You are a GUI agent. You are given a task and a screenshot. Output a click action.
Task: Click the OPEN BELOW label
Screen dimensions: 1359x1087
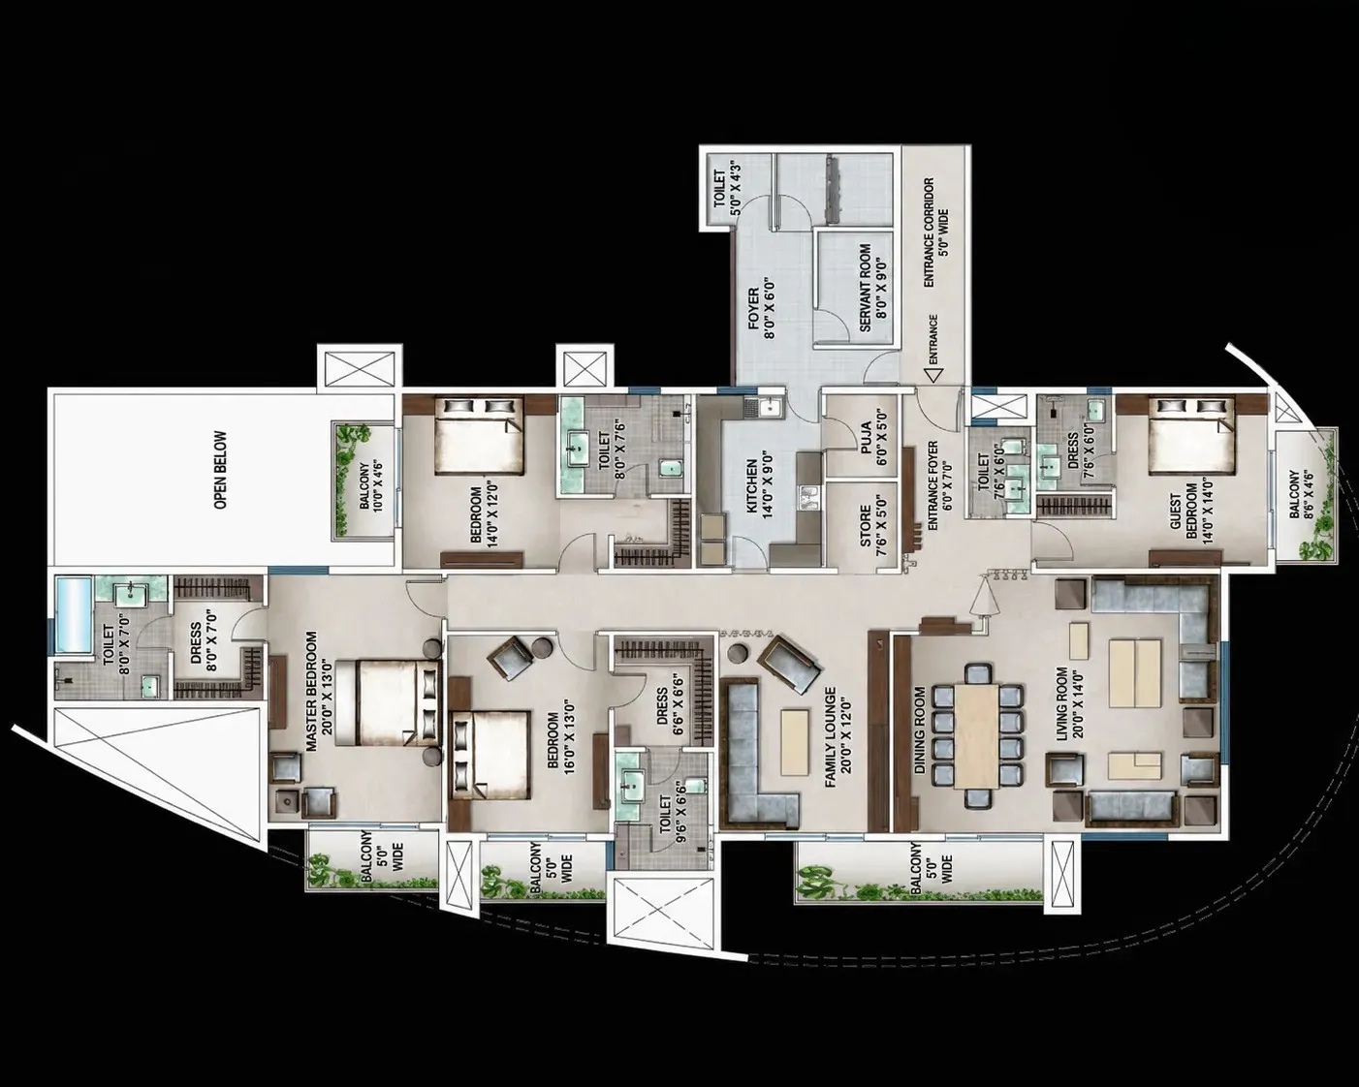pos(220,470)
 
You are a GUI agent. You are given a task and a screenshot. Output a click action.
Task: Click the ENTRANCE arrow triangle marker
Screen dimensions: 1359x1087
pos(932,374)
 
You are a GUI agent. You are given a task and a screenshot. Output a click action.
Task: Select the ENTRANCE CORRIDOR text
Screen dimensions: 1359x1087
pos(929,233)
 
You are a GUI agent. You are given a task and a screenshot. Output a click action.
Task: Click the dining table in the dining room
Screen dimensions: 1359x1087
pos(976,735)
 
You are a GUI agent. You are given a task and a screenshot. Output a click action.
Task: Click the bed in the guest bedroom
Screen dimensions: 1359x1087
pos(1191,435)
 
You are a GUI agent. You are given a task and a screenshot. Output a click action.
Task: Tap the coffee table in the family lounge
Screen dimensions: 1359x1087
pos(795,742)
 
